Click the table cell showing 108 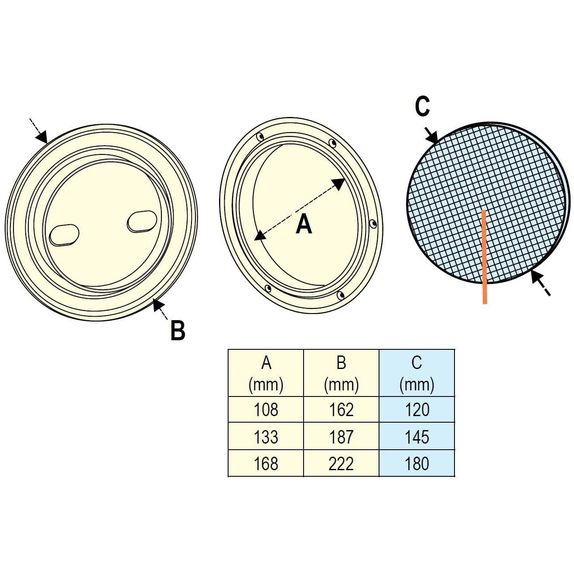coord(266,409)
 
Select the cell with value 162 coord(341,409)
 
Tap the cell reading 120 coord(417,409)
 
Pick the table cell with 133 coord(266,436)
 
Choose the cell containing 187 coord(341,436)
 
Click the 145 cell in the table coord(417,436)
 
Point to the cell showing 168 coord(266,463)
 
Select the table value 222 coord(341,463)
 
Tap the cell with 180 coord(417,463)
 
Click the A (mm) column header coord(266,373)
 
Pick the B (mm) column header coord(341,373)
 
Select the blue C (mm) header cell coord(417,373)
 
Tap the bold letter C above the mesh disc coord(422,106)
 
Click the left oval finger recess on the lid coord(64,235)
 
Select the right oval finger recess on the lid coord(142,221)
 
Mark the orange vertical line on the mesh coord(485,257)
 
